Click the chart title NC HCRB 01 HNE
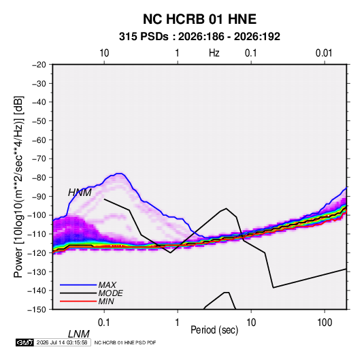click(x=199, y=19)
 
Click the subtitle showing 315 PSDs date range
click(x=199, y=37)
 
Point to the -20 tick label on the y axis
click(x=39, y=65)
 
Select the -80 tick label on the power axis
click(x=39, y=178)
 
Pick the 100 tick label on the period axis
click(x=325, y=323)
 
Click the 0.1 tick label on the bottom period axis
click(x=104, y=323)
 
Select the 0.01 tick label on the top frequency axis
click(x=324, y=53)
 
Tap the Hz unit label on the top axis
click(x=214, y=53)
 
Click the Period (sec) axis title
click(x=214, y=330)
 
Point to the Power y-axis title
click(x=18, y=186)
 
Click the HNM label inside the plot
click(x=80, y=193)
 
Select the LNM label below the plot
click(x=79, y=334)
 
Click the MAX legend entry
click(x=88, y=285)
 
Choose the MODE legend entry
click(x=91, y=293)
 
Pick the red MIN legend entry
click(x=87, y=301)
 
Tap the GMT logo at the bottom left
click(x=24, y=342)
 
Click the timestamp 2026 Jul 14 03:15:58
click(x=62, y=342)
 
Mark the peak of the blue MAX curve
click(x=120, y=174)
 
